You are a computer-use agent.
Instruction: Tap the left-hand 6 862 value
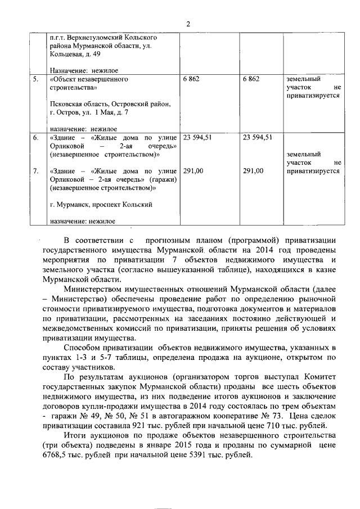click(191, 79)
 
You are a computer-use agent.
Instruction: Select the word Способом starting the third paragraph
click(83, 349)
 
